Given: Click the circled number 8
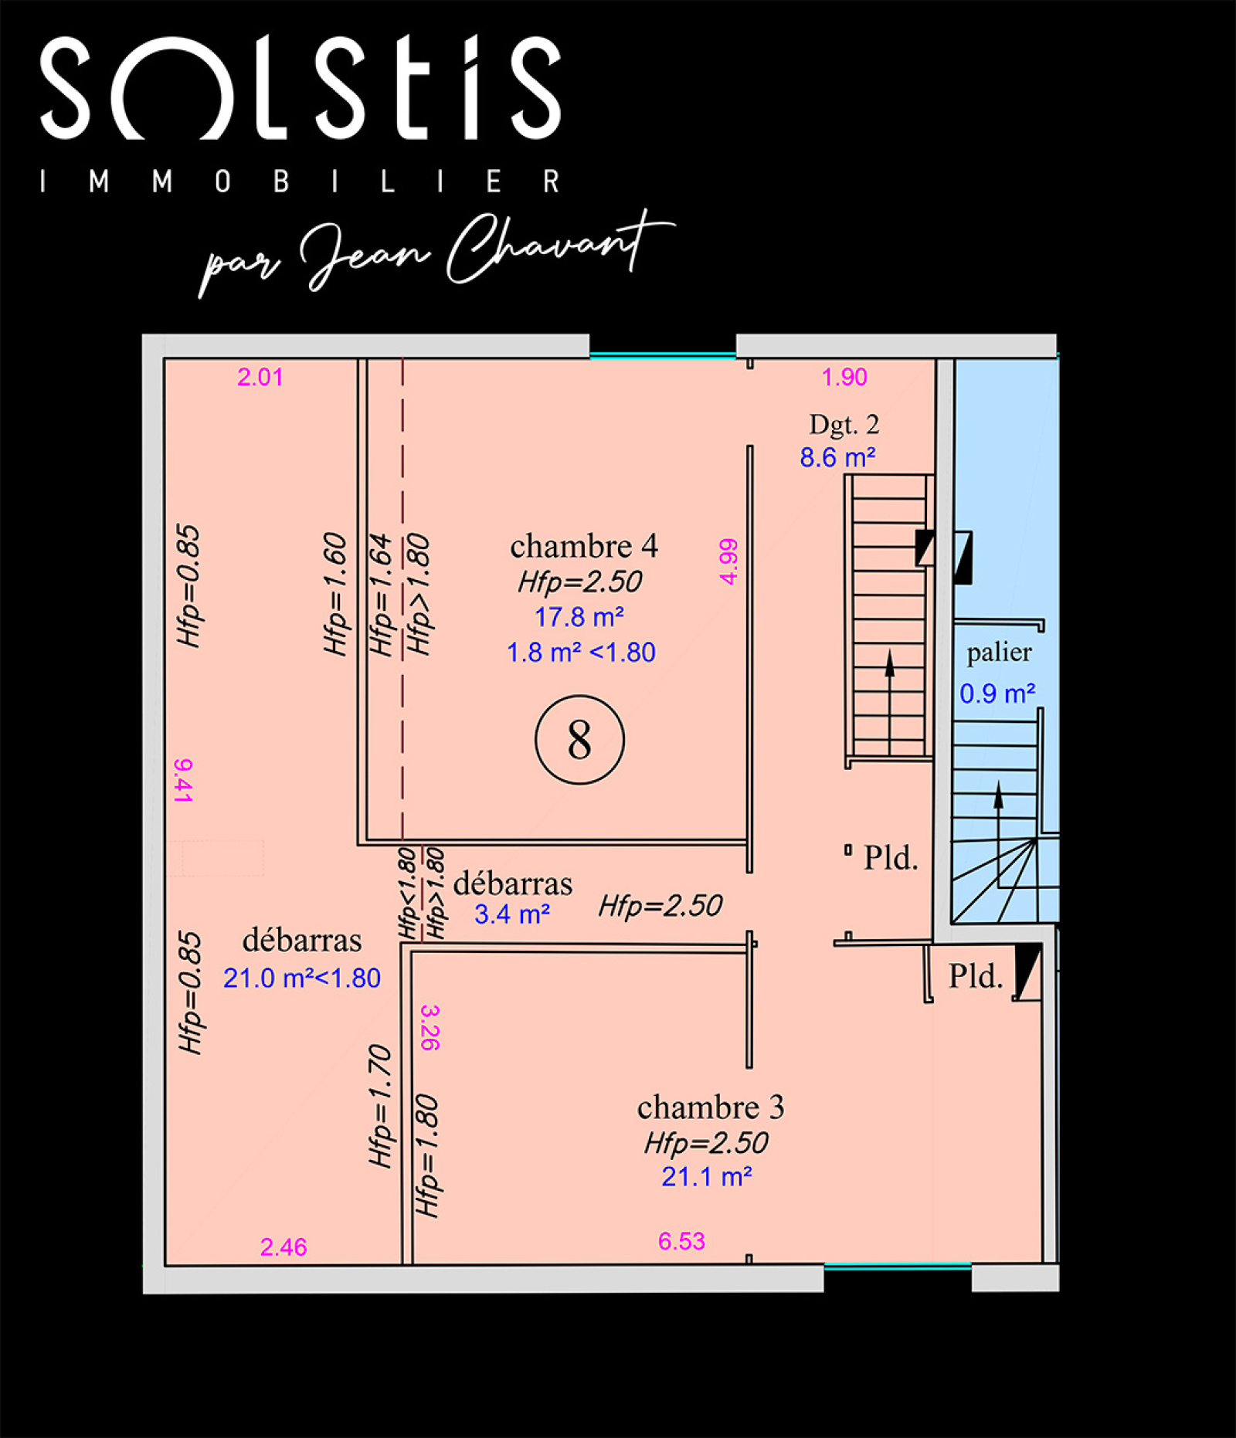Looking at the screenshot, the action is pyautogui.click(x=579, y=740).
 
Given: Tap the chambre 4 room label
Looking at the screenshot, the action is pyautogui.click(x=584, y=546).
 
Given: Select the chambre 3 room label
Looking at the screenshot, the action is pyautogui.click(x=711, y=1107).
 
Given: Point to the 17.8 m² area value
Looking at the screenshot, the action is pyautogui.click(x=579, y=617).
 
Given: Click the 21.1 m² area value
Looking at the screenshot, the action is pyautogui.click(x=707, y=1177).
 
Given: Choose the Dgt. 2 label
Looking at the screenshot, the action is pyautogui.click(x=844, y=424).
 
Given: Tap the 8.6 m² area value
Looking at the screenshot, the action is pyautogui.click(x=837, y=457).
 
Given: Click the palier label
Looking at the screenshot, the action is pyautogui.click(x=999, y=653).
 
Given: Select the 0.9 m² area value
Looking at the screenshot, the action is pyautogui.click(x=997, y=694).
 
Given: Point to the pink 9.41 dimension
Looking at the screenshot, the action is pyautogui.click(x=183, y=781).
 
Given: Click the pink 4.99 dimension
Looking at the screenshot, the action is pyautogui.click(x=728, y=561).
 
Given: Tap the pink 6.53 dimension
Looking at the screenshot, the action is pyautogui.click(x=681, y=1241).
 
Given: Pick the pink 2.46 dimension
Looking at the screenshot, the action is pyautogui.click(x=284, y=1247).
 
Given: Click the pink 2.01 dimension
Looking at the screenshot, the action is pyautogui.click(x=260, y=377).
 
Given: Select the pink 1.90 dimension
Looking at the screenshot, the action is pyautogui.click(x=844, y=377).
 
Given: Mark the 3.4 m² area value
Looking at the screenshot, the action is pyautogui.click(x=512, y=914).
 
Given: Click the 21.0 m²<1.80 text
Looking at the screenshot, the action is pyautogui.click(x=302, y=978).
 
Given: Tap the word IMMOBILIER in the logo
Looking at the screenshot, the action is pyautogui.click(x=301, y=181).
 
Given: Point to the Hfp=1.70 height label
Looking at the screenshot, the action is pyautogui.click(x=380, y=1106).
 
